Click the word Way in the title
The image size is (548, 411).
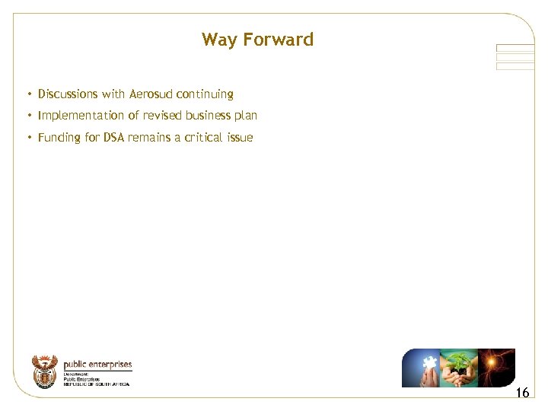(x=218, y=40)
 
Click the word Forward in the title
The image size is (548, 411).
(x=278, y=40)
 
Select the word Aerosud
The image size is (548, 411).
(x=151, y=94)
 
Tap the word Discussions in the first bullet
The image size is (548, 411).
(x=68, y=94)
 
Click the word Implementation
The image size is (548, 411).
(x=80, y=116)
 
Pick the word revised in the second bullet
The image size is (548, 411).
(x=162, y=116)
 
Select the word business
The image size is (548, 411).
(x=208, y=116)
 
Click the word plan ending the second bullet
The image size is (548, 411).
(x=246, y=116)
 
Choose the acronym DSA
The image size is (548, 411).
(x=114, y=138)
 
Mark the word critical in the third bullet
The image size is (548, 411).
(x=202, y=138)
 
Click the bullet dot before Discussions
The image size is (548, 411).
(x=28, y=94)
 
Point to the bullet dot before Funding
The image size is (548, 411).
(x=28, y=138)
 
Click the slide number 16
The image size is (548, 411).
(x=522, y=393)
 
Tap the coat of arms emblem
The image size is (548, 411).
(x=45, y=371)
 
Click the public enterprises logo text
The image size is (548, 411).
(x=97, y=365)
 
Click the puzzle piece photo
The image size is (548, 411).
(x=420, y=368)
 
